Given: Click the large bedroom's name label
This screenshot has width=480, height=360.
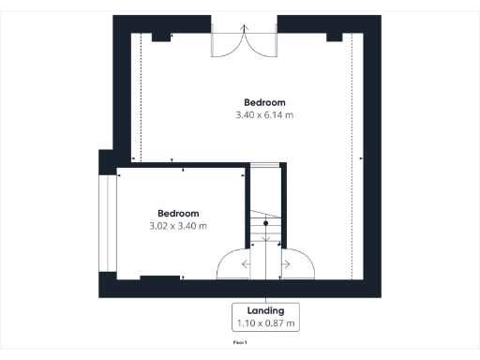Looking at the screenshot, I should (x=264, y=102).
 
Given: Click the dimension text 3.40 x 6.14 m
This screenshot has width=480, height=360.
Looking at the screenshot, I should (x=264, y=115).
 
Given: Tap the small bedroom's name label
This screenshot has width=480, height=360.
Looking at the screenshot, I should (x=178, y=213).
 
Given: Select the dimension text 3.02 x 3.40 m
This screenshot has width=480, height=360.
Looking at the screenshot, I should (x=178, y=226).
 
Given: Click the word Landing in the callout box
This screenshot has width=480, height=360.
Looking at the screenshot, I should (x=265, y=310).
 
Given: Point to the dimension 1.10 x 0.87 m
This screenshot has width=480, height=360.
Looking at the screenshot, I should (x=265, y=323).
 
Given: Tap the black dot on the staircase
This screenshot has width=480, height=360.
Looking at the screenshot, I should (x=265, y=225).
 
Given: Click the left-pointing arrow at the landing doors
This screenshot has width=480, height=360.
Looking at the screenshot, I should (x=247, y=264).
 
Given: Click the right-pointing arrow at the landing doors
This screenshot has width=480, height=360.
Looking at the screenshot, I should (x=285, y=264).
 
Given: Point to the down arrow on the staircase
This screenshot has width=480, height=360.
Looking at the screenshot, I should (x=265, y=236).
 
